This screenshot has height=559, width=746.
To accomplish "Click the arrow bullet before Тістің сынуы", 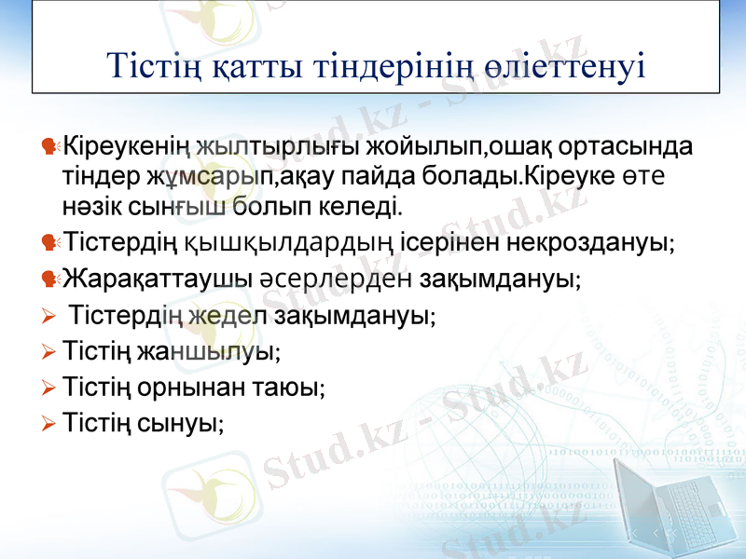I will (49, 424).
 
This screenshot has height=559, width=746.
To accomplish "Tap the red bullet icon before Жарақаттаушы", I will (49, 279).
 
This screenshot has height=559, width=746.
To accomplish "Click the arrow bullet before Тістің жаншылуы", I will (49, 352).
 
